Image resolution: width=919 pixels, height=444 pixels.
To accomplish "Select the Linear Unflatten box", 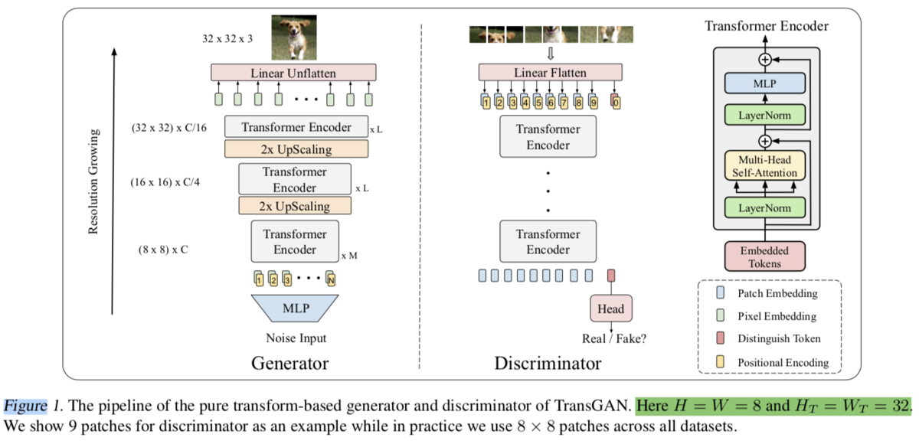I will [293, 73].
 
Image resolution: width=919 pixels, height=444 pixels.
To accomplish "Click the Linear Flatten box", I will [550, 73].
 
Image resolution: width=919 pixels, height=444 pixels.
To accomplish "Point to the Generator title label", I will [289, 362].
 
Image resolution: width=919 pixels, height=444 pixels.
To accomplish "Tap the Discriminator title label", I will [548, 362].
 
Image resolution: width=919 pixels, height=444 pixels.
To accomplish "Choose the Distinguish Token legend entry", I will [777, 338].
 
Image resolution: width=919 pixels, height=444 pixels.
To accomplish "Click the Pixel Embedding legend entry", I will [776, 315].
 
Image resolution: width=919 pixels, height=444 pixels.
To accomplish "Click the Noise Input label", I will [295, 338].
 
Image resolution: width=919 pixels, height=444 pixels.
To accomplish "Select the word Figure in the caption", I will [25, 406].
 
